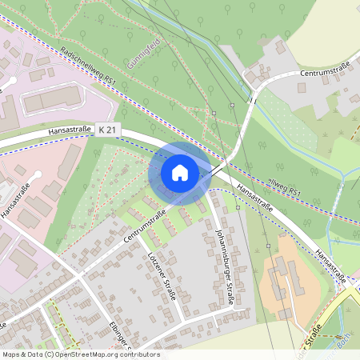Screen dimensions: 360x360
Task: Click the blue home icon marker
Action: coord(180,173)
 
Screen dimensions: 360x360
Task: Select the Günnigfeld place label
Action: coord(144,52)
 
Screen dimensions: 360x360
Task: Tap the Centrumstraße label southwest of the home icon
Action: coord(143,227)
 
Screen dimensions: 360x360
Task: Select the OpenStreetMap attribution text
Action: coord(80,354)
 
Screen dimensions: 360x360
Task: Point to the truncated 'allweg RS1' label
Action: coord(284,188)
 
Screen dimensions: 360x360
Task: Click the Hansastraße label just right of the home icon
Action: coord(254,198)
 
